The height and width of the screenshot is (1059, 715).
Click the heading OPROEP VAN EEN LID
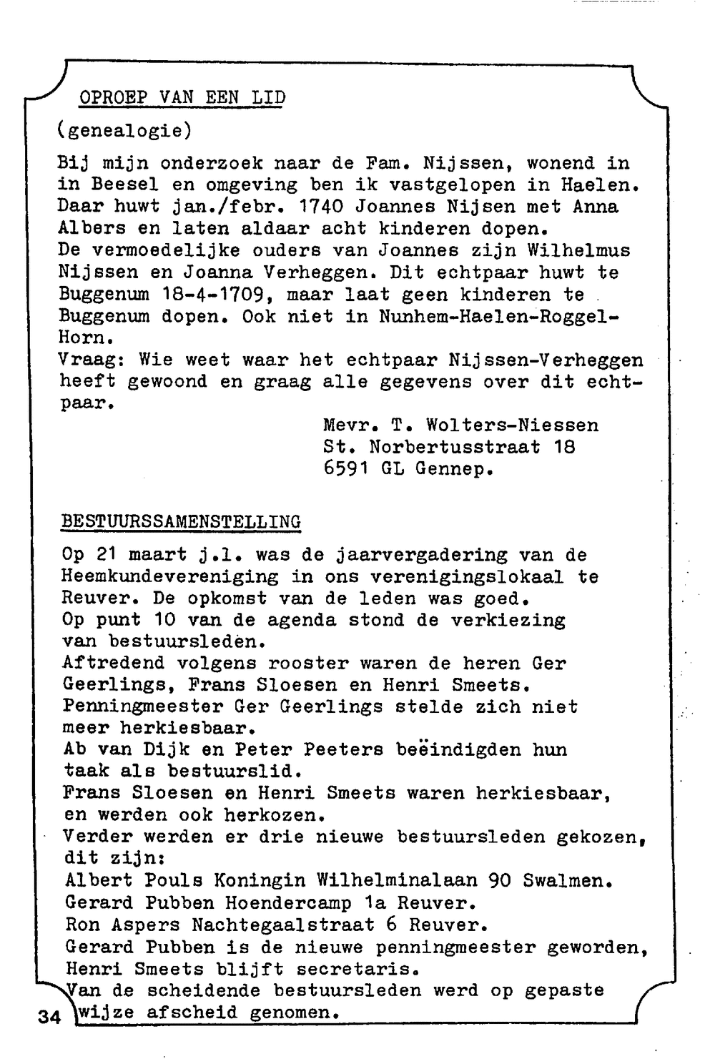click(x=182, y=98)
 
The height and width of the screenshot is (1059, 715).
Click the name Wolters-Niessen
click(x=512, y=425)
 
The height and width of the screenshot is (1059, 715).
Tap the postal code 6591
click(x=346, y=470)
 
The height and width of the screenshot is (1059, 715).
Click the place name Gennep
click(x=455, y=470)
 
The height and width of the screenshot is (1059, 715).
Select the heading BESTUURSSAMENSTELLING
click(x=181, y=521)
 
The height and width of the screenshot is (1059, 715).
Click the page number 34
click(x=49, y=1016)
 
